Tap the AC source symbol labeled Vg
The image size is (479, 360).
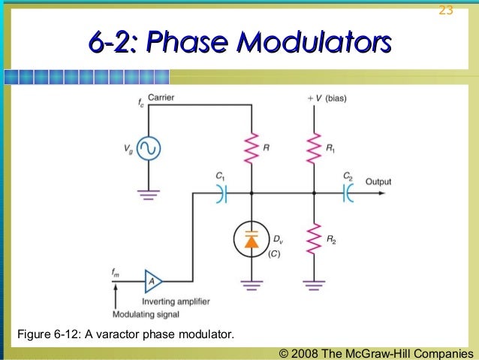(147, 150)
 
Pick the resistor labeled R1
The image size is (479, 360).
(315, 148)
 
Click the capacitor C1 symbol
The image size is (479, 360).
(221, 193)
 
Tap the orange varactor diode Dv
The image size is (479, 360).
(251, 240)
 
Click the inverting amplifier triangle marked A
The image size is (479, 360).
(153, 281)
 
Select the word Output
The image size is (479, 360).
(378, 181)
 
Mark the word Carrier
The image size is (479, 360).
(161, 98)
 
